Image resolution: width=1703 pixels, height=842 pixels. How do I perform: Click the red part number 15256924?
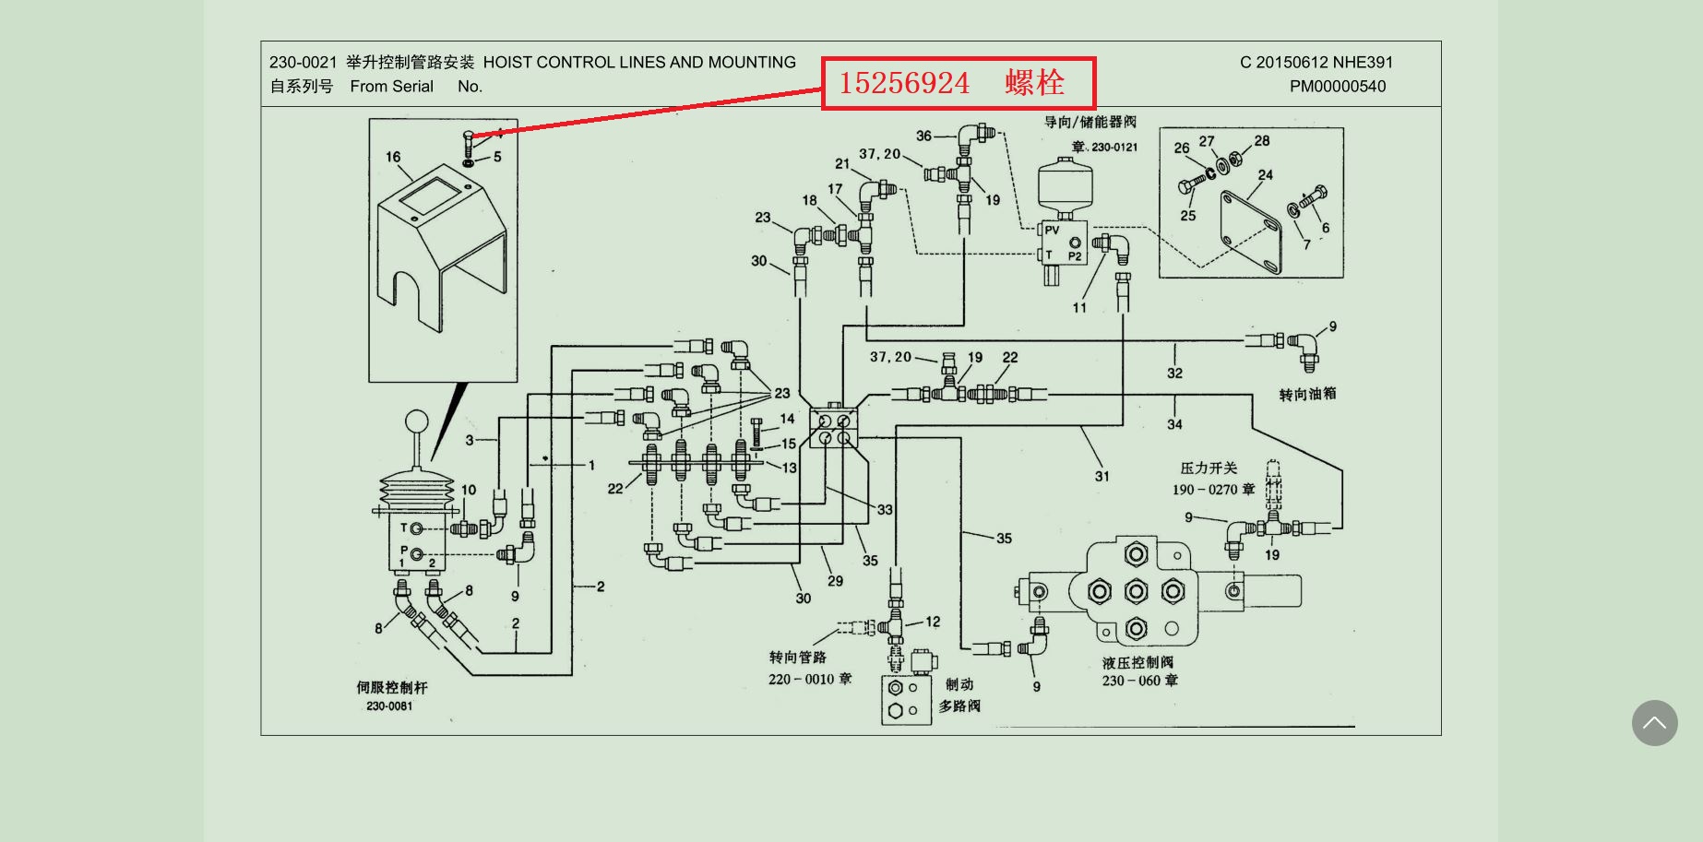[904, 83]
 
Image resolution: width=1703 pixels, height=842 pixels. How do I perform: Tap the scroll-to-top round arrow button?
[1654, 723]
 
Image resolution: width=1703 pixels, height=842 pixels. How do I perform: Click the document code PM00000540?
[1337, 87]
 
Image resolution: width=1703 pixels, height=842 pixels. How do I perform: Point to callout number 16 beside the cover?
[393, 157]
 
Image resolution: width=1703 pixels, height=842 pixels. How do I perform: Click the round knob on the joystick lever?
[417, 422]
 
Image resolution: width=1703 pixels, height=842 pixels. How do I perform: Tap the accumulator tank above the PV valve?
[1064, 187]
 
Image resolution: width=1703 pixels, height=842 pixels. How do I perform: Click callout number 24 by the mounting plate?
[1265, 174]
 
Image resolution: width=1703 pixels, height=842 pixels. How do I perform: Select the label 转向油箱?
[1307, 394]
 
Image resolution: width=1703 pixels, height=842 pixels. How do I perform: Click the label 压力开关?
[1209, 468]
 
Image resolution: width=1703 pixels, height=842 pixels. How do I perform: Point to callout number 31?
[1102, 476]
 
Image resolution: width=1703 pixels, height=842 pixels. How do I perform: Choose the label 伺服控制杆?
[392, 687]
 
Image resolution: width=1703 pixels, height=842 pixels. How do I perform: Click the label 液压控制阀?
[1137, 662]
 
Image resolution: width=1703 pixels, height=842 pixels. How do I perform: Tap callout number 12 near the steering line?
[933, 622]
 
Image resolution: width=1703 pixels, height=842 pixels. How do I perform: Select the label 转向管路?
[798, 657]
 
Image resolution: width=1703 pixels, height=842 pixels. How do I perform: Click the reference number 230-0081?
[389, 706]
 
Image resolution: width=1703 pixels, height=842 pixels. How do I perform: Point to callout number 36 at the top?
[923, 136]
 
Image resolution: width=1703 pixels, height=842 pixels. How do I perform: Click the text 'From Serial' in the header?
[391, 87]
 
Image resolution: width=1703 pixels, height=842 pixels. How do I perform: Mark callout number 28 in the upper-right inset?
[1261, 140]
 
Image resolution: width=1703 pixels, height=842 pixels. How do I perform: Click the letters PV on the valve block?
[1052, 231]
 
